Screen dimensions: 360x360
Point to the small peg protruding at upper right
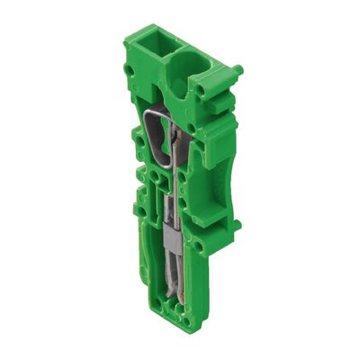238,68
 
